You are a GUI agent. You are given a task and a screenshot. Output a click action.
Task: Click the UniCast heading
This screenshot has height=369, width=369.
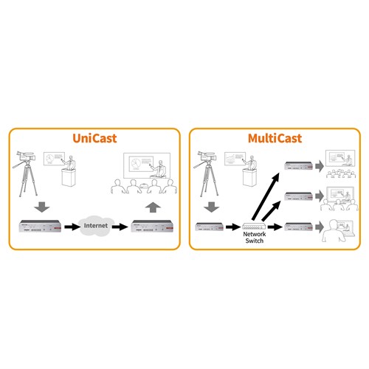point(94,139)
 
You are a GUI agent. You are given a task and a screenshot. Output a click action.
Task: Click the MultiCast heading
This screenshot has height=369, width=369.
point(275,139)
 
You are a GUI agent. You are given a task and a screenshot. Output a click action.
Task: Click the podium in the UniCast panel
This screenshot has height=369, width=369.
point(71,178)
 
